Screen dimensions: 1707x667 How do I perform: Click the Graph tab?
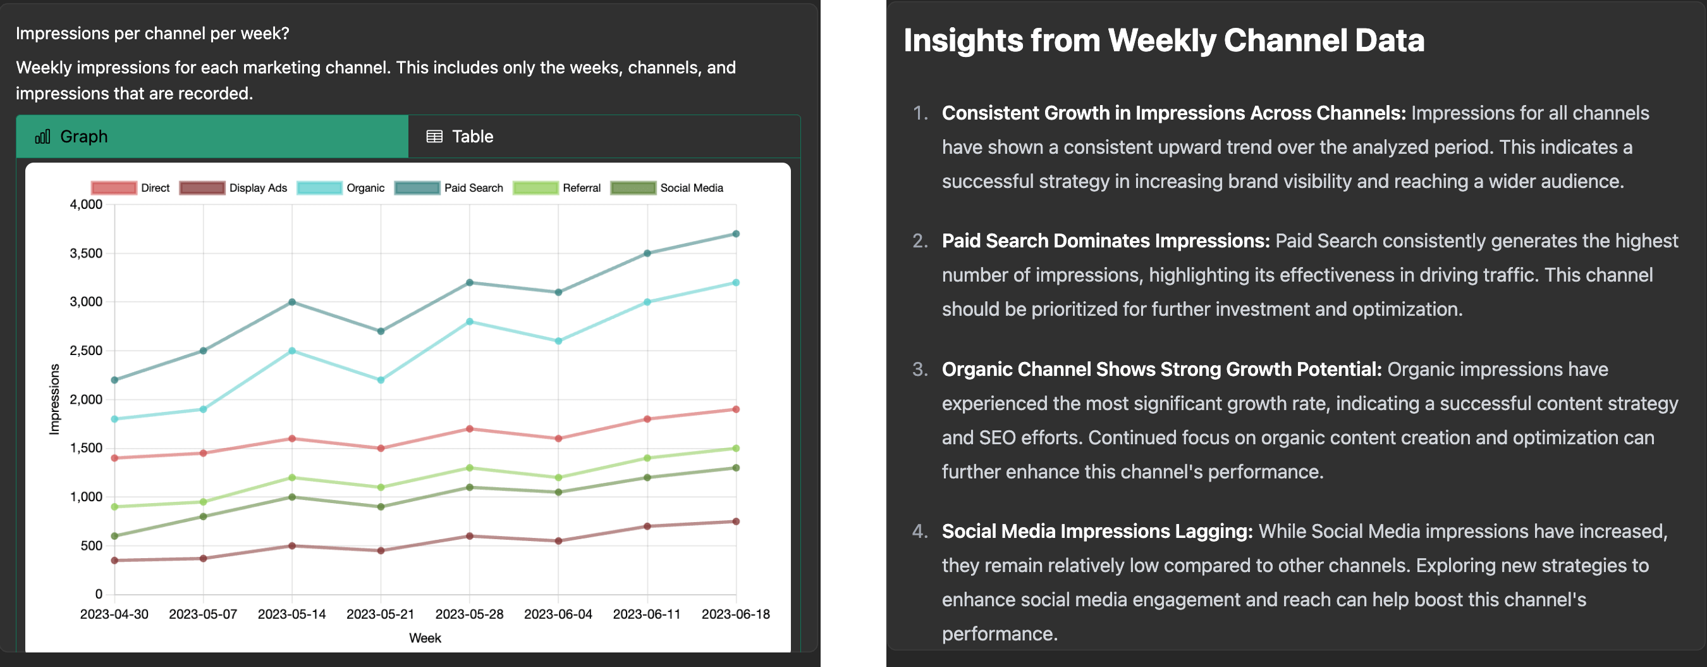212,137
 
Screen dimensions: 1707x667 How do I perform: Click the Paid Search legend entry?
450,188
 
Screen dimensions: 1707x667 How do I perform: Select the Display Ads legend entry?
233,188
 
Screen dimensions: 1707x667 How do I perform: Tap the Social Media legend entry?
666,188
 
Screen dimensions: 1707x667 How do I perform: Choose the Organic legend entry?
341,188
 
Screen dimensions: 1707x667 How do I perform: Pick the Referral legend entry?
557,188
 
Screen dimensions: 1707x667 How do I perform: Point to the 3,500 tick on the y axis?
86,253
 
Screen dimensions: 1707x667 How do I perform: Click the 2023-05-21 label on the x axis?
381,614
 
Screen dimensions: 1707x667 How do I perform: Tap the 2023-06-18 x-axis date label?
735,614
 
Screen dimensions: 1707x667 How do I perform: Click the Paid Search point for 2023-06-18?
735,234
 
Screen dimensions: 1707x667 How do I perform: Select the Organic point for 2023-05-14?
292,351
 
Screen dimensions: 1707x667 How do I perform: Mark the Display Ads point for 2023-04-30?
114,560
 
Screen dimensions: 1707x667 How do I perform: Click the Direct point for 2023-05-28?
470,429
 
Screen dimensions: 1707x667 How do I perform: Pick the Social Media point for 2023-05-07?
204,516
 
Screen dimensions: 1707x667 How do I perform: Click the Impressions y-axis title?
54,399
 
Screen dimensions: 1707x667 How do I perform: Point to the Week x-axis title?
425,638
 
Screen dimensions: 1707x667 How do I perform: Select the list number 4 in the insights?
920,531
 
